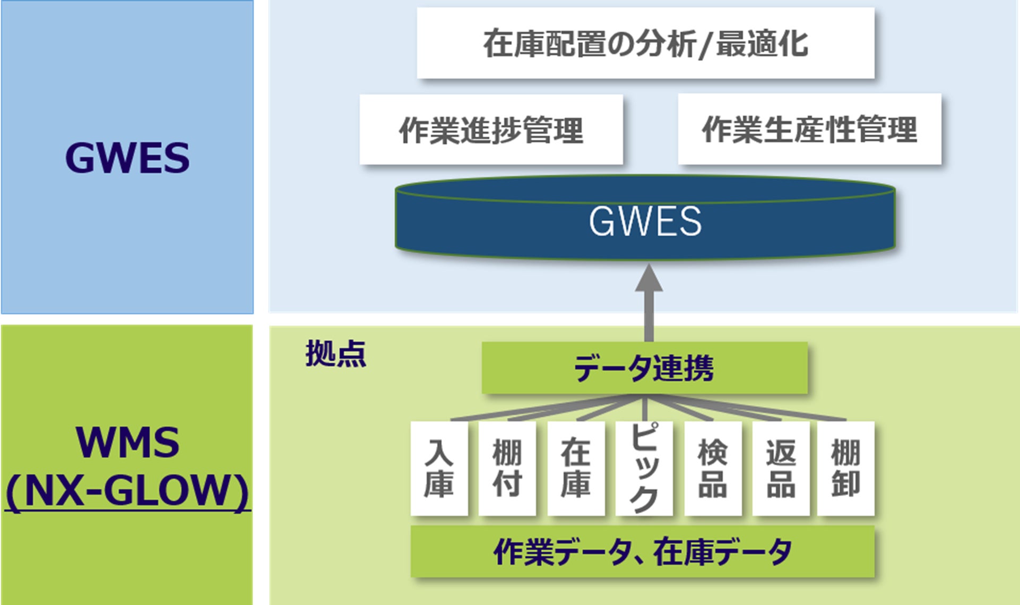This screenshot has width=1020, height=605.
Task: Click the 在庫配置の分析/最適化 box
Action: click(645, 43)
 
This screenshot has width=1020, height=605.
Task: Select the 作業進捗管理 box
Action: click(491, 129)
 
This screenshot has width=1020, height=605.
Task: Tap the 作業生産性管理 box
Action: click(809, 129)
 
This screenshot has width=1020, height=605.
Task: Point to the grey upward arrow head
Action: click(649, 278)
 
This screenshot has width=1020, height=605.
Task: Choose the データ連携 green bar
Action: click(644, 368)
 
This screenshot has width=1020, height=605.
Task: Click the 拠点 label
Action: click(335, 353)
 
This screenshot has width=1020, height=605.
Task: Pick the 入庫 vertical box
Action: click(439, 468)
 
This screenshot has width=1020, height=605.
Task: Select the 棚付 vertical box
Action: click(507, 468)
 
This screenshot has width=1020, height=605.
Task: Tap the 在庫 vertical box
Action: click(576, 468)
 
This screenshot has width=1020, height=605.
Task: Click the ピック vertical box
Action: click(644, 468)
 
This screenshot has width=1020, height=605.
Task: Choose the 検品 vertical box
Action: click(713, 468)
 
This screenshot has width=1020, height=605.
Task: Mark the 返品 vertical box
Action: click(781, 468)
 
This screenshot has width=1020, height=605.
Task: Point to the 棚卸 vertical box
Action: click(845, 468)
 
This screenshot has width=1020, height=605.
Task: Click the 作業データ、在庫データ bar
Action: click(642, 551)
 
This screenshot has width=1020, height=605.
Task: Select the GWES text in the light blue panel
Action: click(127, 158)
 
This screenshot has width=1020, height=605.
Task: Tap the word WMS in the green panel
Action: click(127, 442)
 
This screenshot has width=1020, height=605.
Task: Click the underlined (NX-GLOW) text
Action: click(127, 491)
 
